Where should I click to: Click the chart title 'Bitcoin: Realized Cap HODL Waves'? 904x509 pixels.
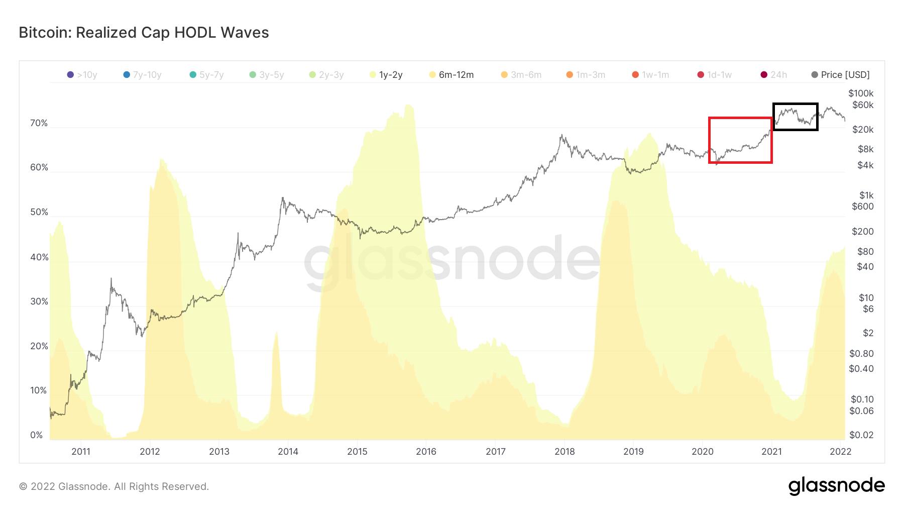click(144, 33)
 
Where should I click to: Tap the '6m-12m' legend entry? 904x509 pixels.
click(451, 75)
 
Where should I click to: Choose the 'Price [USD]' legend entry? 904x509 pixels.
click(841, 75)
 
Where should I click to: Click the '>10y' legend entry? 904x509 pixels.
click(82, 75)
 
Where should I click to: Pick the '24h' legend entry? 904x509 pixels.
click(774, 75)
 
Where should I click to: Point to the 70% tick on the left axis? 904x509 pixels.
click(39, 123)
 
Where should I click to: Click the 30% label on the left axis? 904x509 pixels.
click(39, 301)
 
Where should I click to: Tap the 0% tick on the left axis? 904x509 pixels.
click(36, 435)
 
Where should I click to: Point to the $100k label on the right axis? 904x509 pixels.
click(861, 93)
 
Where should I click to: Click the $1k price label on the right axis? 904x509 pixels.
click(866, 195)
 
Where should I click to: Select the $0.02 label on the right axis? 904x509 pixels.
click(861, 435)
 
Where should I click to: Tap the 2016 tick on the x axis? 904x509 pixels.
click(426, 452)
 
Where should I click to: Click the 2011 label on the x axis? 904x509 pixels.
click(81, 452)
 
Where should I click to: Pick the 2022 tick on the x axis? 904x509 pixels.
click(840, 452)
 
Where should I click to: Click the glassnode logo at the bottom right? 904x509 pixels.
click(836, 486)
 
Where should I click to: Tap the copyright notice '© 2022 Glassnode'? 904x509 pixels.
click(114, 486)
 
